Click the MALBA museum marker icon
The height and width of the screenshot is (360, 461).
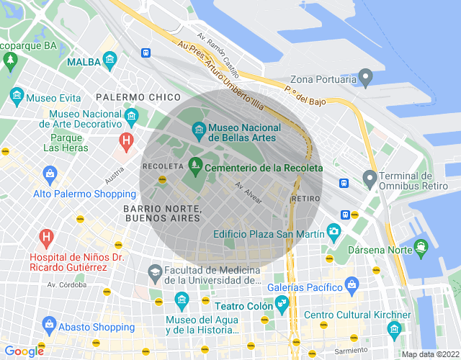tap(109, 58)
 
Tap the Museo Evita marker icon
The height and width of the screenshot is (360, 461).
tap(16, 96)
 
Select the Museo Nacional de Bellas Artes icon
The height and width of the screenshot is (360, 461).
tap(198, 130)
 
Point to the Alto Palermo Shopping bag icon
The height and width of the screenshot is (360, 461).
tap(50, 174)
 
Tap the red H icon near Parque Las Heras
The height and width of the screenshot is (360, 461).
tap(127, 140)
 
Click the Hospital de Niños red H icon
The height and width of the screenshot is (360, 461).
tap(47, 236)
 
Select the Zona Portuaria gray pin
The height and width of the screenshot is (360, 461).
tap(366, 75)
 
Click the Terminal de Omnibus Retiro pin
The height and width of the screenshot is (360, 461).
tap(370, 176)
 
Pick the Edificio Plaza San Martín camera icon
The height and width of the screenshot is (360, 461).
tap(333, 230)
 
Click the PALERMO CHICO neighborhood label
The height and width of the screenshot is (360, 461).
tap(138, 96)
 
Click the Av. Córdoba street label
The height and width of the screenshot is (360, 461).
tap(67, 284)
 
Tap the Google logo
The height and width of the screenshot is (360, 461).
tap(24, 351)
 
